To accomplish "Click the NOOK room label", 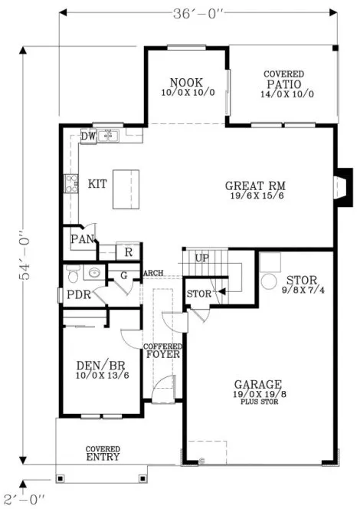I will tap(186, 82).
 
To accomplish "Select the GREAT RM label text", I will tap(255, 186).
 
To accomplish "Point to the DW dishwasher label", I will tap(89, 136).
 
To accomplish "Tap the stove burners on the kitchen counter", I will tap(72, 184).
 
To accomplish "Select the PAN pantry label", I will tap(81, 239).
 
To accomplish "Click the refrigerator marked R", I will tap(129, 251).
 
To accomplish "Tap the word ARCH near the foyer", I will tap(153, 273).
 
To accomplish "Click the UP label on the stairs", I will tap(201, 258).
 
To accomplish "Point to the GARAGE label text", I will tap(259, 384).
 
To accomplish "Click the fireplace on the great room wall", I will tap(345, 184).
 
